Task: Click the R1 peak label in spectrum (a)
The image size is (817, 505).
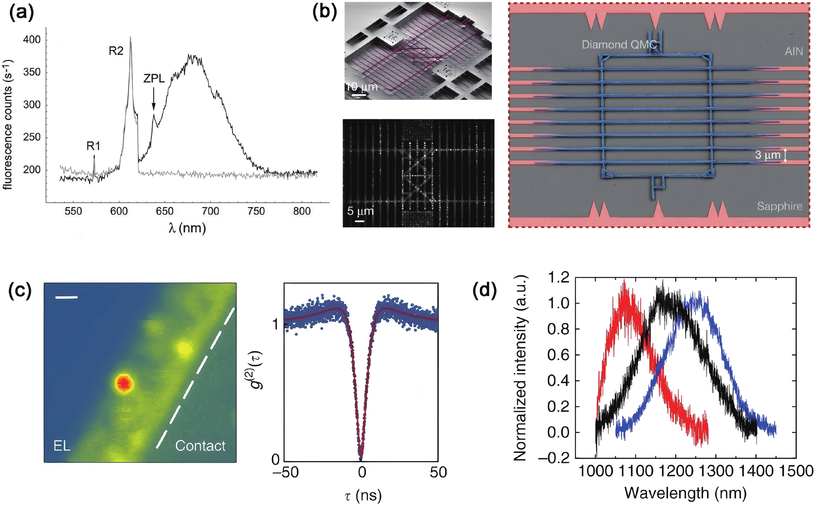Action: click(93, 146)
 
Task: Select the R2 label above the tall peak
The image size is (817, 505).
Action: click(116, 51)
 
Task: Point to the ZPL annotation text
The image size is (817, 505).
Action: click(154, 79)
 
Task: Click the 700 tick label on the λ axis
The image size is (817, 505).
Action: click(211, 211)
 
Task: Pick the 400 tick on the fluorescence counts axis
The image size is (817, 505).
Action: click(31, 39)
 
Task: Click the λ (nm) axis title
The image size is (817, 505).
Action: click(187, 228)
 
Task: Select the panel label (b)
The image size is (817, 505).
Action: click(324, 13)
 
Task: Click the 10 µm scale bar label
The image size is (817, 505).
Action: click(362, 87)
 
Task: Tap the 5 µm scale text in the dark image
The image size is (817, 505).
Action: click(360, 211)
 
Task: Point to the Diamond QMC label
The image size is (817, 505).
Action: click(619, 44)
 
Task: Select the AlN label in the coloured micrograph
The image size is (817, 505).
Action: click(794, 51)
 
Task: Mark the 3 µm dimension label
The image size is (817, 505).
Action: click(767, 155)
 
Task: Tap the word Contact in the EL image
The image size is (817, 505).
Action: click(200, 446)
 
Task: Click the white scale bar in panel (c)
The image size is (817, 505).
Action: click(66, 297)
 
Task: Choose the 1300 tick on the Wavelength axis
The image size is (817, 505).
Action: click(716, 471)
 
